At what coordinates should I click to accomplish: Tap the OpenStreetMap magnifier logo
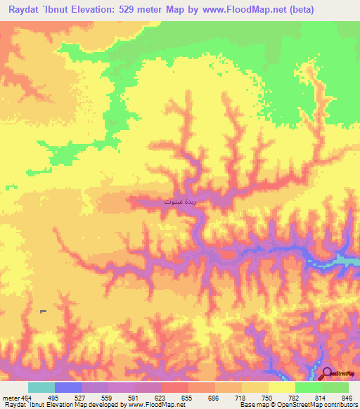(326, 374)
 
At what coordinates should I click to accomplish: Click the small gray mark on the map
(43, 311)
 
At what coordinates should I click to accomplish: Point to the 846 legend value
(345, 397)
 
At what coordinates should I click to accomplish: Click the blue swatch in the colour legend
(67, 387)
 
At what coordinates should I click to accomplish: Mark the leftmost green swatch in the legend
(308, 387)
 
